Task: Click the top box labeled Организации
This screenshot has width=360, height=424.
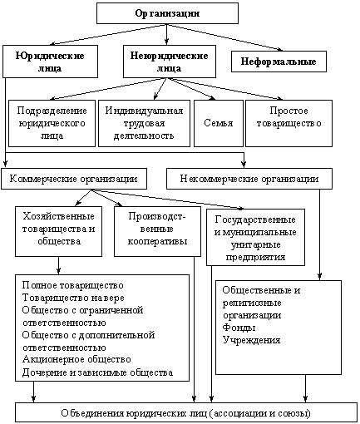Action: [167, 13]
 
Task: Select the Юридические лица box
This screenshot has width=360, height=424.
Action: [50, 62]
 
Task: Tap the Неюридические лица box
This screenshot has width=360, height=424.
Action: [170, 62]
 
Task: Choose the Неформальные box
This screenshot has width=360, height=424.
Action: [279, 62]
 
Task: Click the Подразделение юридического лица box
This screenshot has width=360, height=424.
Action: [52, 123]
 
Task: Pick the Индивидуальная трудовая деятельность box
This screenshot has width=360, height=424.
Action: [144, 123]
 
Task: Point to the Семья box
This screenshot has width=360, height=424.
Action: [219, 123]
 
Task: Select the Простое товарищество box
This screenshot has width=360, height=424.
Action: [288, 123]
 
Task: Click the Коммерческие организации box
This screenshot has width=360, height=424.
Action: [74, 179]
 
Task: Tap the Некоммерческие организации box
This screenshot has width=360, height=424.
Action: [249, 179]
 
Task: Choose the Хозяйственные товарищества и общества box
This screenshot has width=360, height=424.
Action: [58, 231]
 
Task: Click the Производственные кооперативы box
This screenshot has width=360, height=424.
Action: [157, 231]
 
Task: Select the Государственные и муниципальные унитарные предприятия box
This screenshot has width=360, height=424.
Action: [255, 238]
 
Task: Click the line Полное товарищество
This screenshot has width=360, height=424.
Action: [73, 285]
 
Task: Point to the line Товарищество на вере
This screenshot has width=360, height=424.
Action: [73, 298]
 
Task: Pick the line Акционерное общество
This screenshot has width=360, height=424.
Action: [76, 359]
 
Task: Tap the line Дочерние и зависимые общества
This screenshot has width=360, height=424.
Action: [97, 372]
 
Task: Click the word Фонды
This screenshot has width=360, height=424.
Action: [239, 328]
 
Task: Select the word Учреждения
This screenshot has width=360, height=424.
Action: [252, 340]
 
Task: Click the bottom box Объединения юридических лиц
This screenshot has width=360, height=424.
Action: [186, 413]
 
